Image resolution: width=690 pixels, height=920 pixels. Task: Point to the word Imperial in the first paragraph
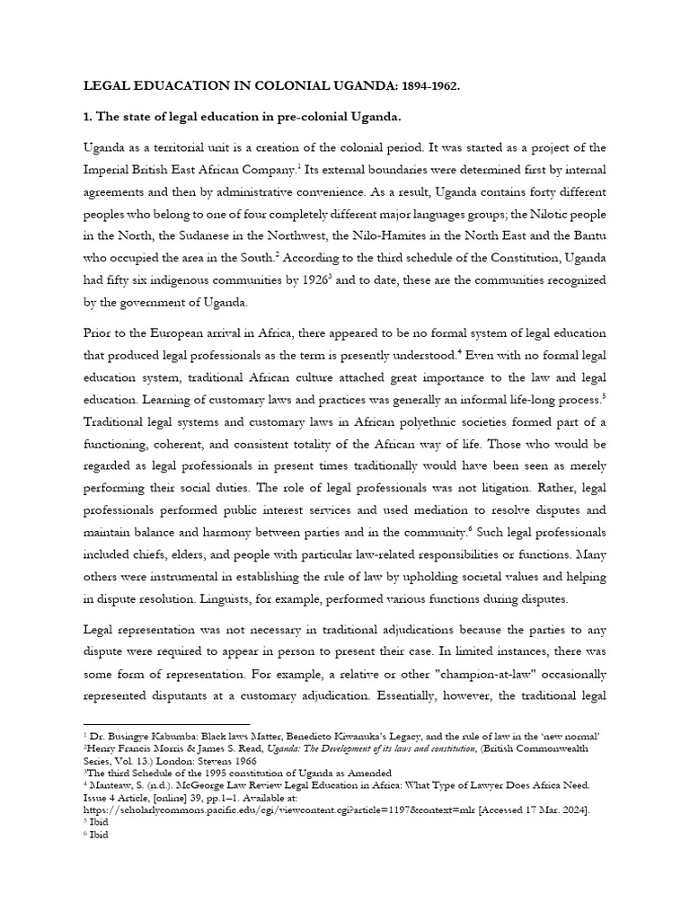tap(110, 171)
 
